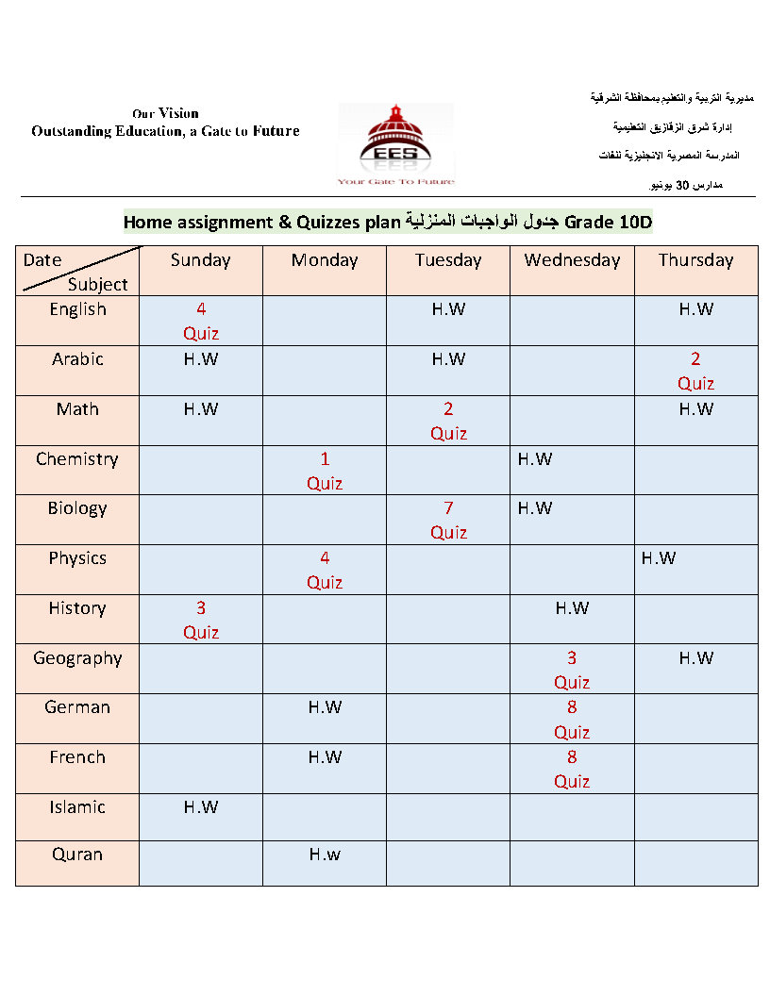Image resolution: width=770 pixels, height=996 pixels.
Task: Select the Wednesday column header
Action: coord(572,260)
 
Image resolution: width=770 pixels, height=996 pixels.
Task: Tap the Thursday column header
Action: coord(695,260)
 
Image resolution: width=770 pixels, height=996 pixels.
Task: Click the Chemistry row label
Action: coord(77,459)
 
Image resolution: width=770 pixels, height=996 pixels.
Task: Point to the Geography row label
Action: coord(77,658)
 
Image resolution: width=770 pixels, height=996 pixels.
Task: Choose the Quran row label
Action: coord(77,855)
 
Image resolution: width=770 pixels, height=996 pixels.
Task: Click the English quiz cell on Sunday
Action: coord(201,321)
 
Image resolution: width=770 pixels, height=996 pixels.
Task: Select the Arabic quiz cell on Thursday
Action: coord(695,371)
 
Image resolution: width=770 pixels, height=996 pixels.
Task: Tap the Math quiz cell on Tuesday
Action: coord(448,421)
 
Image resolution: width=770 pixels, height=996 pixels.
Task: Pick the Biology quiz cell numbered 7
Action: coord(448,520)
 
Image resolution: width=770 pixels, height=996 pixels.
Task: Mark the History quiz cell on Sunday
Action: coord(201,620)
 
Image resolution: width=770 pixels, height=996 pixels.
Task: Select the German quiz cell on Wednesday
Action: coord(572,719)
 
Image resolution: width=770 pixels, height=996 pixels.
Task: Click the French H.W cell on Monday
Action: coord(325,757)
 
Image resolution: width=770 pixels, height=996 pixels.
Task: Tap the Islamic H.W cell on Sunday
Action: coord(201,807)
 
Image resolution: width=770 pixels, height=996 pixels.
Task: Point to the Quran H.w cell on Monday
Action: coord(325,855)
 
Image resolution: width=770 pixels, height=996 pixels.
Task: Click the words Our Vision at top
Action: coord(165,113)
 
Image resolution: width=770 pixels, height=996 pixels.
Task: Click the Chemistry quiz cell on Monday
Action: coord(325,471)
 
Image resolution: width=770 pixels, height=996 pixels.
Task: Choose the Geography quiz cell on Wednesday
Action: coord(572,670)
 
